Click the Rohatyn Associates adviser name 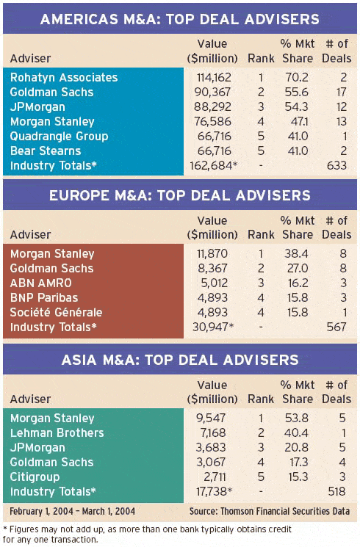(x=64, y=77)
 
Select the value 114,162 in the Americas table (x=214, y=77)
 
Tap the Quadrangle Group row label (x=59, y=137)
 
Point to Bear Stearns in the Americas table (x=46, y=151)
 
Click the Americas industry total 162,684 (x=213, y=166)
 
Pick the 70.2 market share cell (x=297, y=77)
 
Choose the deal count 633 (x=336, y=166)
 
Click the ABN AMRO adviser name (x=41, y=283)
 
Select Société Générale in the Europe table (x=57, y=312)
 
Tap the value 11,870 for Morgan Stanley (x=212, y=253)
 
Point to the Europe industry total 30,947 (x=213, y=327)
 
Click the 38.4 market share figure (x=296, y=253)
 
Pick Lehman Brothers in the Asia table (x=57, y=433)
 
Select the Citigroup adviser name (x=35, y=477)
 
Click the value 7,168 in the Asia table (x=213, y=433)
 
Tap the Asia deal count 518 (x=336, y=491)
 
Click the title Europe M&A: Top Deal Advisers (x=180, y=195)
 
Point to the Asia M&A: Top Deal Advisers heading (x=180, y=360)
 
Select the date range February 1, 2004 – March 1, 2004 (x=72, y=512)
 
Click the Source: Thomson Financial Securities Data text (x=270, y=512)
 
